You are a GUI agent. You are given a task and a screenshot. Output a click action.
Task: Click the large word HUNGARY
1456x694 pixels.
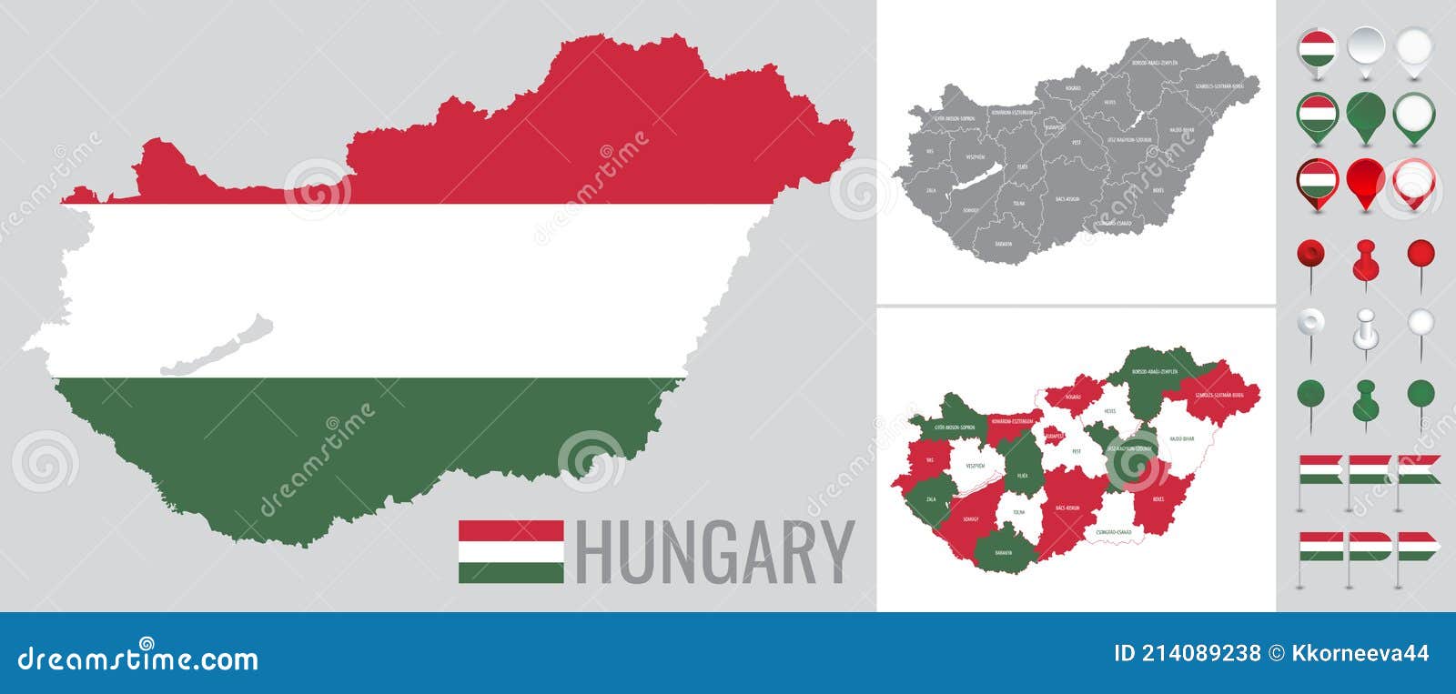715,551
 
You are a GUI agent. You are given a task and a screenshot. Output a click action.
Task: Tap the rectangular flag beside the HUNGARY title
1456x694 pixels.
511,551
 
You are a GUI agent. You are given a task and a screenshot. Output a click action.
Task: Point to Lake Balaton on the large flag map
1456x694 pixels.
218,347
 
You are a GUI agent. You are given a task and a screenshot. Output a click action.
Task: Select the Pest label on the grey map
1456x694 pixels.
1076,142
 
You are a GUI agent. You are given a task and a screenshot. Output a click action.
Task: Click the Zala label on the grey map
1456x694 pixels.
931,191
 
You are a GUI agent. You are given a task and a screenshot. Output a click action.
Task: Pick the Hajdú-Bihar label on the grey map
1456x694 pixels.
1182,130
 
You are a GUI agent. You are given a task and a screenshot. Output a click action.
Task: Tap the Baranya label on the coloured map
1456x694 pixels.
1003,552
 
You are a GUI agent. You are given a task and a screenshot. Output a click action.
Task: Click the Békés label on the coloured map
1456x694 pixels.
1158,499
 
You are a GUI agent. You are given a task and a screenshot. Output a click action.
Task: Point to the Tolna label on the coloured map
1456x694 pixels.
1018,513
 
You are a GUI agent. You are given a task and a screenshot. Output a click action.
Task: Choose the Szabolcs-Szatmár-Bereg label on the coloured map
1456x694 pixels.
1219,396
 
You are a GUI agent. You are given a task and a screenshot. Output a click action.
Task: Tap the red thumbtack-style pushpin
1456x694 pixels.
1365,260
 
